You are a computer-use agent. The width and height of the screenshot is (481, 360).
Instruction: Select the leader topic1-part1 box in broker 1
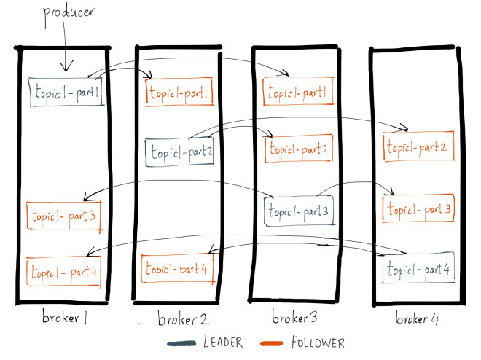[66, 93]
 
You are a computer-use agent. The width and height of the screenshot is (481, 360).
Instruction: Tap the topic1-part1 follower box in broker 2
[179, 93]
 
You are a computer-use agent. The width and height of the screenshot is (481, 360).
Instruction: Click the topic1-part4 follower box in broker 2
[179, 268]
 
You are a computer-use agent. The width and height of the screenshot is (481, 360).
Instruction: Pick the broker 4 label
[418, 319]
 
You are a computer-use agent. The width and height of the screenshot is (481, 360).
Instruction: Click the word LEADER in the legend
[224, 342]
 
